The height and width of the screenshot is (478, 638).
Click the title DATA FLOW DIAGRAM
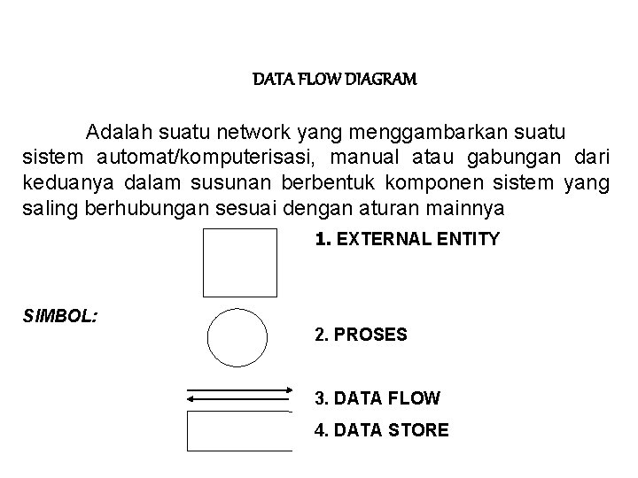(x=335, y=80)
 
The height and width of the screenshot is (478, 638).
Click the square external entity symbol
(x=239, y=262)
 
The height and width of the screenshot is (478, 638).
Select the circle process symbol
(x=237, y=338)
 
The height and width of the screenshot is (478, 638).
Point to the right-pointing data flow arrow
(x=241, y=389)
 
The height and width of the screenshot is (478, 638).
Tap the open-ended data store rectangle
(x=239, y=431)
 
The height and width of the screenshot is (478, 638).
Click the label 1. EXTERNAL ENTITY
(x=408, y=239)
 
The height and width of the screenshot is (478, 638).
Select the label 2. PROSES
(x=361, y=335)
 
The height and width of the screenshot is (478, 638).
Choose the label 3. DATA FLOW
(x=377, y=399)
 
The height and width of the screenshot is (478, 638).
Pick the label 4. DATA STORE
(x=382, y=431)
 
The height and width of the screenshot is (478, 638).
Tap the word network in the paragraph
(x=256, y=133)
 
